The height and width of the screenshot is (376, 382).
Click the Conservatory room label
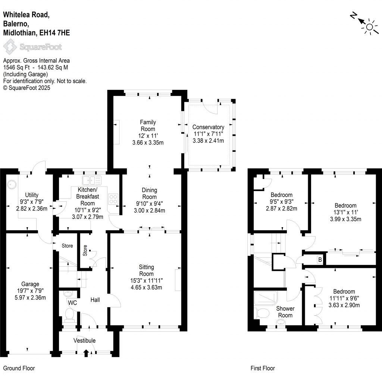(x=208, y=127)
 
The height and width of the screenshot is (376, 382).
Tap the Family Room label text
(x=148, y=126)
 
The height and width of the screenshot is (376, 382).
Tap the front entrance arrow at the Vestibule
(x=86, y=352)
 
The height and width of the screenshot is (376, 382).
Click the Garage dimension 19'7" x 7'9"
(x=30, y=291)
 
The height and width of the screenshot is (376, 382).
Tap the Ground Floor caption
(x=19, y=368)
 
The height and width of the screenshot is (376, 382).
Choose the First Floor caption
(x=262, y=368)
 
